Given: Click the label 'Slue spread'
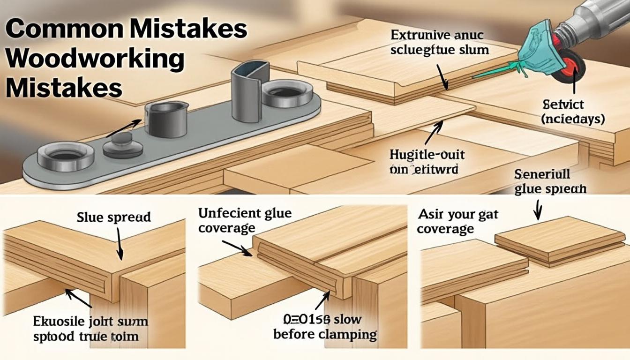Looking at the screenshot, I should (x=114, y=217).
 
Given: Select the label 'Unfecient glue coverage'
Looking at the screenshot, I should (x=245, y=220).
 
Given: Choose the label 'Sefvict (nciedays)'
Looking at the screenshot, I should (x=573, y=112).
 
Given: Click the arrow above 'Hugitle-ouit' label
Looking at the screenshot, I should (x=434, y=132).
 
